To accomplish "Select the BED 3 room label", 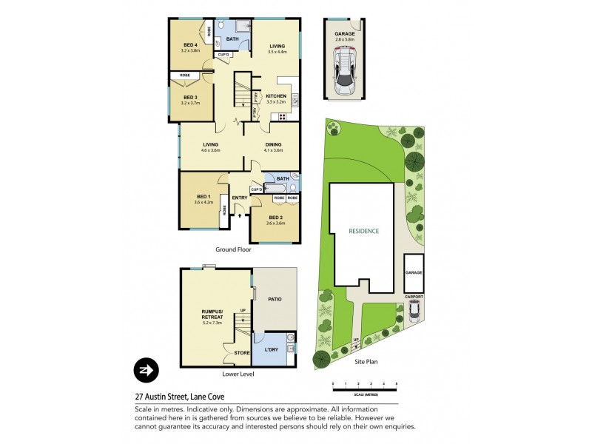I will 190,97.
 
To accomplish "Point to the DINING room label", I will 274,145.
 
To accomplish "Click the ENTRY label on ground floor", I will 240,198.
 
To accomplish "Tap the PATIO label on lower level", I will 275,300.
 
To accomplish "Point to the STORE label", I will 243,352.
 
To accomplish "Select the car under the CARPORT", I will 414,310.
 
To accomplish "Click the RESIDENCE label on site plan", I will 364,231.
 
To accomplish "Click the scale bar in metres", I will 365,386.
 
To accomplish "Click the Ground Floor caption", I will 234,249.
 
